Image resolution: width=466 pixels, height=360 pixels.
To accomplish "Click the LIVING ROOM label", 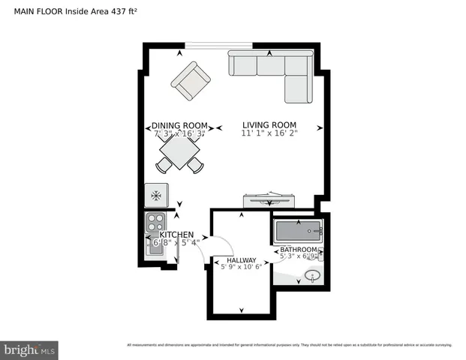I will [269, 124].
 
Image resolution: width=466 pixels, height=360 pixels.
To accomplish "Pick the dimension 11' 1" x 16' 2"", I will [269, 133].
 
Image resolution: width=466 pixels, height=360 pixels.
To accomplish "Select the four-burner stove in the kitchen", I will [155, 222].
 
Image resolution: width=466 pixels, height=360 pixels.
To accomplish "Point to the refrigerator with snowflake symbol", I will [156, 196].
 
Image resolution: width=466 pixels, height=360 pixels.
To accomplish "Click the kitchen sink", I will [155, 245].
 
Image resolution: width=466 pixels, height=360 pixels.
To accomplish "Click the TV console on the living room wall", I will [269, 199].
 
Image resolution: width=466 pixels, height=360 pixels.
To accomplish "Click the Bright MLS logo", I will [30, 349].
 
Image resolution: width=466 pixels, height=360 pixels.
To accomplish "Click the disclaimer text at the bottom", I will [289, 345].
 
